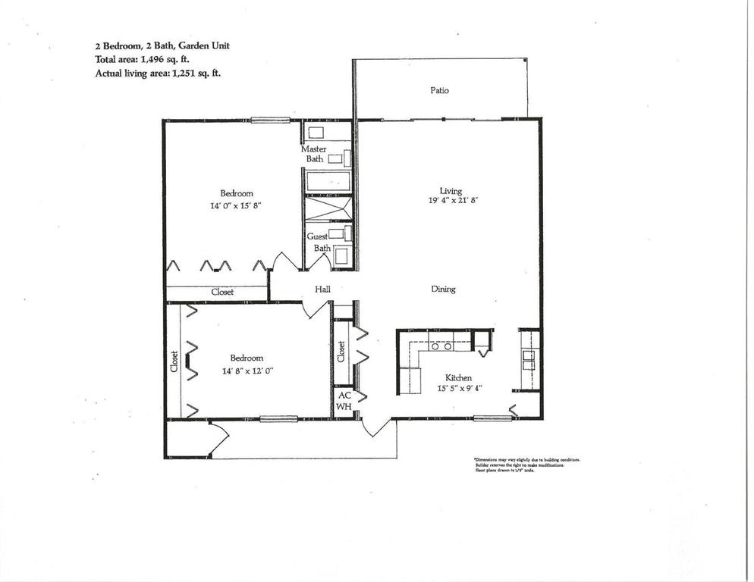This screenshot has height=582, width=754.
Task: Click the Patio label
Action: [x=439, y=90]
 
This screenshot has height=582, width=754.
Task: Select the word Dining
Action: [x=443, y=289]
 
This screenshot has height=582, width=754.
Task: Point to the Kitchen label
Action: [x=458, y=377]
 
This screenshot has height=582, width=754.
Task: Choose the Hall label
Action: [x=322, y=289]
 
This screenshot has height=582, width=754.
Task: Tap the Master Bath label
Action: [x=314, y=154]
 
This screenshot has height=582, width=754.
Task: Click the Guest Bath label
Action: [x=317, y=242]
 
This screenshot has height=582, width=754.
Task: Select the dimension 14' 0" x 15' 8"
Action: [x=236, y=205]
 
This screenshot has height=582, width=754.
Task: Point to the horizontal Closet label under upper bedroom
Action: [x=222, y=292]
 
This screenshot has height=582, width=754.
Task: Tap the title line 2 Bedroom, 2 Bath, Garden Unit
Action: [x=162, y=45]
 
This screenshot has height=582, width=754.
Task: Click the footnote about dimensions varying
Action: [x=526, y=465]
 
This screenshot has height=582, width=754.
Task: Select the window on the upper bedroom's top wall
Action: [x=271, y=119]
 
